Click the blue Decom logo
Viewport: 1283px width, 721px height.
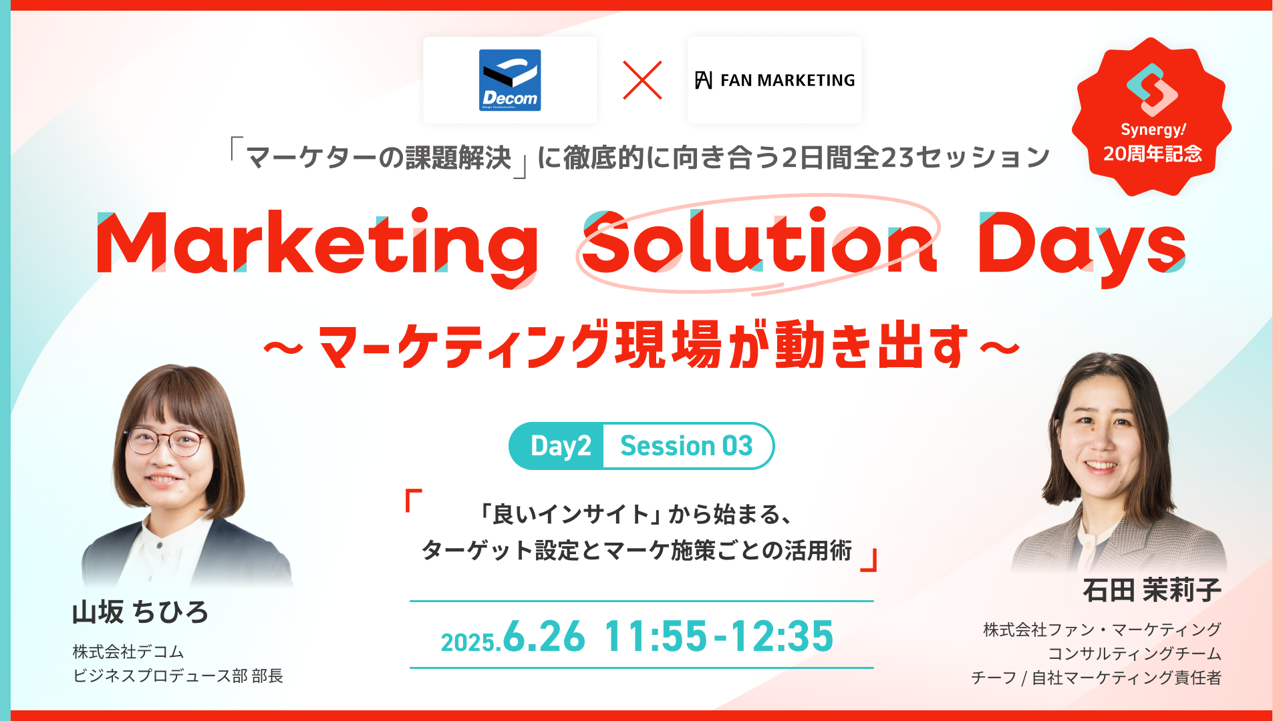(510, 80)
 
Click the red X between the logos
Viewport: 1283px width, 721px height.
(642, 80)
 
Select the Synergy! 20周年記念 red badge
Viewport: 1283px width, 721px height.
(1151, 117)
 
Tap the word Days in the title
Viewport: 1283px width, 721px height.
(1083, 247)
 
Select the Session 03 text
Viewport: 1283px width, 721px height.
(686, 446)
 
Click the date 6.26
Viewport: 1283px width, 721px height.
(544, 636)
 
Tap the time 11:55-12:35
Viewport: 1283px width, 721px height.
(719, 636)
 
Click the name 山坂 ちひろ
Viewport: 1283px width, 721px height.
(140, 612)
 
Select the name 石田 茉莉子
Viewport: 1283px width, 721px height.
(1152, 590)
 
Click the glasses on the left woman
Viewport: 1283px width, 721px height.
(165, 441)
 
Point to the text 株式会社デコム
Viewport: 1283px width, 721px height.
(128, 652)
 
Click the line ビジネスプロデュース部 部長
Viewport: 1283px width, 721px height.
(178, 676)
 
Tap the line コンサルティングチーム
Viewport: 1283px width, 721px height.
(1135, 654)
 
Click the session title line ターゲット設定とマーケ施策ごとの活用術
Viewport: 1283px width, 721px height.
(637, 551)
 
